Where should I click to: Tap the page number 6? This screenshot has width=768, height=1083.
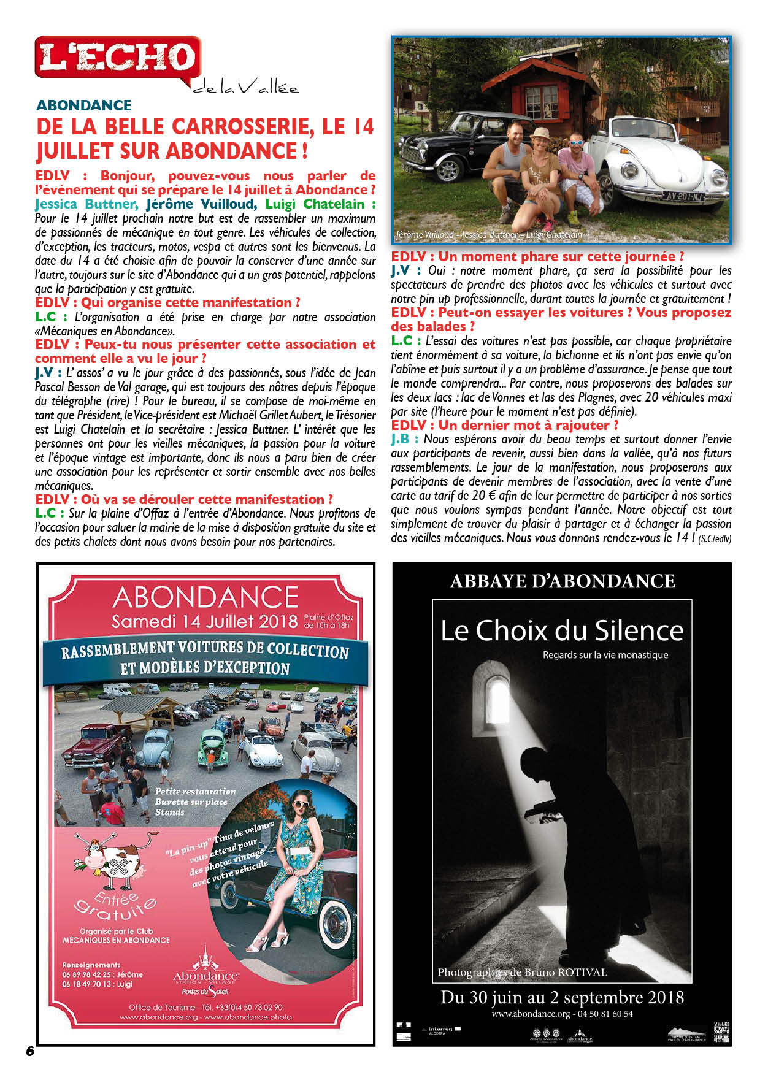click(x=30, y=1050)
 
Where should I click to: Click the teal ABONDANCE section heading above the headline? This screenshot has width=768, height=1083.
click(x=84, y=105)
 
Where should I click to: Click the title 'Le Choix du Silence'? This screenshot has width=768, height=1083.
click(x=562, y=630)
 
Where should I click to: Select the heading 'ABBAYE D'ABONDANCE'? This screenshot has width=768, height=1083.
click(x=562, y=581)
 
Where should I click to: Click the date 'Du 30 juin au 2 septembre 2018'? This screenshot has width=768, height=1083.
click(x=562, y=997)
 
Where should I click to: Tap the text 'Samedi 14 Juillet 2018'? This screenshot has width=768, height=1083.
click(x=204, y=621)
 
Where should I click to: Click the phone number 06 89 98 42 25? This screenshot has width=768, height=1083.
click(x=86, y=974)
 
